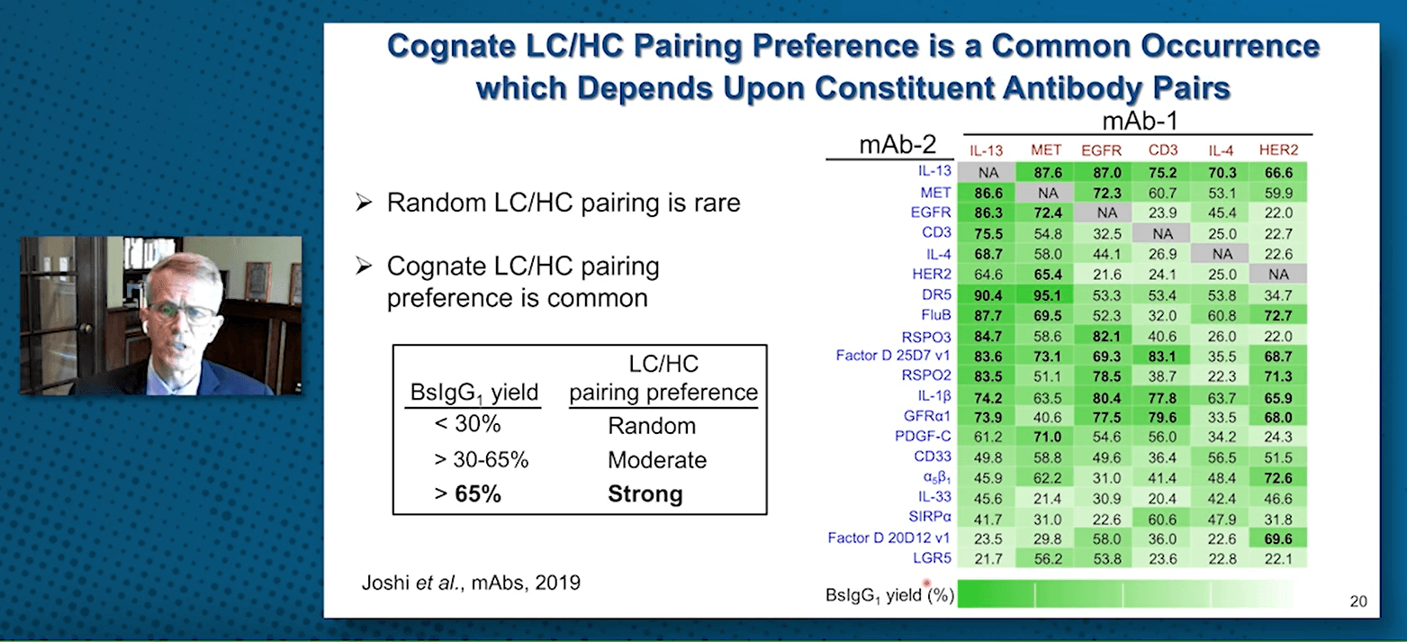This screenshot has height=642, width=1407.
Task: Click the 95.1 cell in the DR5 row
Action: [x=1047, y=295]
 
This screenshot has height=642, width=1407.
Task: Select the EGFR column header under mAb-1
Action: [x=1101, y=150]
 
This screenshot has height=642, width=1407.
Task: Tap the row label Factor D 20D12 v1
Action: [x=888, y=538]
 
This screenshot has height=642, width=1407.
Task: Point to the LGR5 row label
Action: [x=932, y=558]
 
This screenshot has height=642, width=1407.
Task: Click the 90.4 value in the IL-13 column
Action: [x=988, y=295]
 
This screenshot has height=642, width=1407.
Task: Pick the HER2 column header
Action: [x=1278, y=149]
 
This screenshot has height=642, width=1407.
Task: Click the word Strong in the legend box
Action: [x=645, y=493]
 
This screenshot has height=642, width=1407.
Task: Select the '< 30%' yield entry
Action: [x=467, y=424]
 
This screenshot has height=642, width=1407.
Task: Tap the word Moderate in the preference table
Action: [x=657, y=460]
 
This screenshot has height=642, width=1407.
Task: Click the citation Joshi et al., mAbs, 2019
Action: [x=471, y=583]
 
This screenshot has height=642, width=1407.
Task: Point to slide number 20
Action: [x=1358, y=601]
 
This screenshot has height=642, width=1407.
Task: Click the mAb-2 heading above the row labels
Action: [x=897, y=144]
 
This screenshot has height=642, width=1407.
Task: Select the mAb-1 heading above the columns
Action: [x=1140, y=121]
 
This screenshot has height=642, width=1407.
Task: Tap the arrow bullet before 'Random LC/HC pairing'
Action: [x=364, y=203]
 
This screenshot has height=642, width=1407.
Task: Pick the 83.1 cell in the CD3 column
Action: [x=1162, y=357]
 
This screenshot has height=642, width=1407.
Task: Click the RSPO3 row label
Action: [x=926, y=338]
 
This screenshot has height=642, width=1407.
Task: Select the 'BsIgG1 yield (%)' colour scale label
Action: [x=889, y=595]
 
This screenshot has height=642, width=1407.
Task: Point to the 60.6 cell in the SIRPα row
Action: [x=1162, y=520]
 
